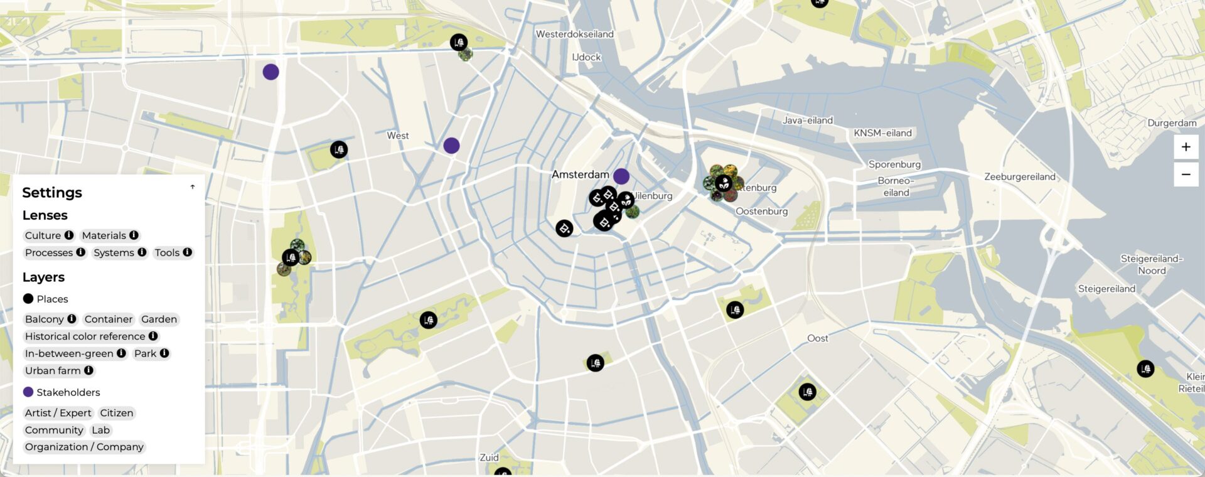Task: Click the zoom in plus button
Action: (1186, 147)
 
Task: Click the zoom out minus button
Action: (1186, 174)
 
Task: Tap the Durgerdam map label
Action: (1171, 123)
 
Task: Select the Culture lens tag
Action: (43, 235)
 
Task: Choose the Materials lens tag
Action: (104, 235)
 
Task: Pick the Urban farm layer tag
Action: (53, 370)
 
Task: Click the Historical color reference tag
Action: (85, 336)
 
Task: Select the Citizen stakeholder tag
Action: (117, 413)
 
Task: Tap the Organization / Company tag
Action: (84, 447)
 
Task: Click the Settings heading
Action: (52, 193)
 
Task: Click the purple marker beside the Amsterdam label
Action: (621, 176)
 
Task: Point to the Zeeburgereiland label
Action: (1019, 177)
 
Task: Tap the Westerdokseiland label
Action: (574, 34)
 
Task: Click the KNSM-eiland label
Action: (882, 133)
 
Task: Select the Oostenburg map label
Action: (761, 212)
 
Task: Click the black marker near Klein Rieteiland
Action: (1145, 368)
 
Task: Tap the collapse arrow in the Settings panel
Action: (193, 187)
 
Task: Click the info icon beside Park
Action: (164, 353)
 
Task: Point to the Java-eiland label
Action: (808, 121)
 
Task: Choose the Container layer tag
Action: (109, 319)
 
